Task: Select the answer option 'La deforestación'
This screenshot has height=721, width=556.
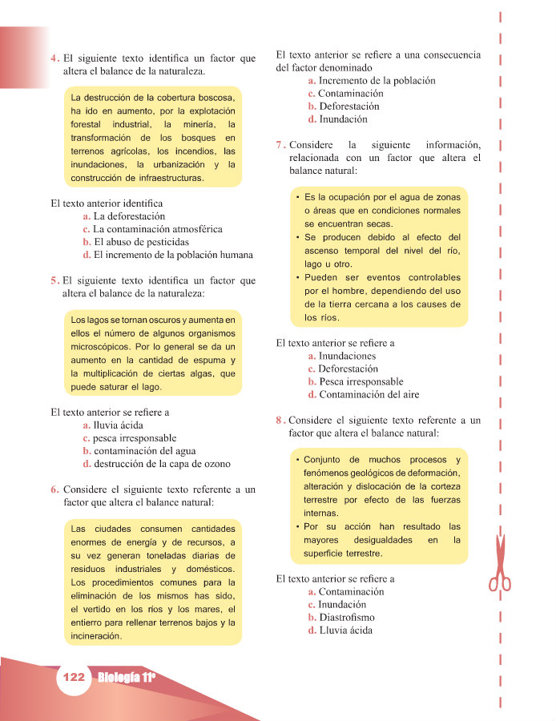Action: click(x=129, y=216)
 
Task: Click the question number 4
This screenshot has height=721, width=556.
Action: click(x=54, y=58)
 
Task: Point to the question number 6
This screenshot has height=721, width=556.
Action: click(x=54, y=489)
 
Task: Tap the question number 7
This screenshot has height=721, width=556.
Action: click(x=280, y=146)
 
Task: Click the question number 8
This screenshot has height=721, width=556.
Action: click(x=280, y=420)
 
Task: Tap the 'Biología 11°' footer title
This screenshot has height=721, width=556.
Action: click(x=127, y=678)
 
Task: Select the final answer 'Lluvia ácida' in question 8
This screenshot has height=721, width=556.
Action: click(x=345, y=630)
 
